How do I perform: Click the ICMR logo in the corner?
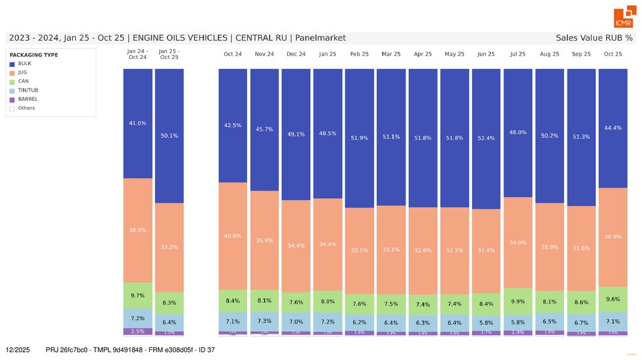[x=623, y=19]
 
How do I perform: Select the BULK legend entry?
[x=24, y=63]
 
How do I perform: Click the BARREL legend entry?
[x=27, y=99]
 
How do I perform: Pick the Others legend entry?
[x=26, y=108]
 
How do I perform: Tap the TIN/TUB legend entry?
[x=28, y=90]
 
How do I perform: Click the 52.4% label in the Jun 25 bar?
[x=486, y=139]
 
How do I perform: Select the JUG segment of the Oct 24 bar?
[x=233, y=236]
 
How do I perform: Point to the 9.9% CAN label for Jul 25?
[x=518, y=301]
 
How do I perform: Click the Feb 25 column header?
[x=359, y=54]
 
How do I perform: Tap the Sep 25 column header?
[x=581, y=54]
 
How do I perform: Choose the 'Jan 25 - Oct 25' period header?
[x=169, y=54]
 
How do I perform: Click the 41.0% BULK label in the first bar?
[x=137, y=123]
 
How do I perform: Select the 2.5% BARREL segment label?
[x=137, y=331]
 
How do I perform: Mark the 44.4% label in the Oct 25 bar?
[x=613, y=128]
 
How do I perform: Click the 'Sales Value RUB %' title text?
[x=594, y=38]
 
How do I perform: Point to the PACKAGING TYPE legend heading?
[x=34, y=55]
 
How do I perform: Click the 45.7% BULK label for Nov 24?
[x=265, y=129]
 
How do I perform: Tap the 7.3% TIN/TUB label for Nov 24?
[x=265, y=321]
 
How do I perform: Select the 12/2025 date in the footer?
[x=18, y=349]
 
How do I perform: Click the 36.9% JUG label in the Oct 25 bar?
[x=613, y=236]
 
